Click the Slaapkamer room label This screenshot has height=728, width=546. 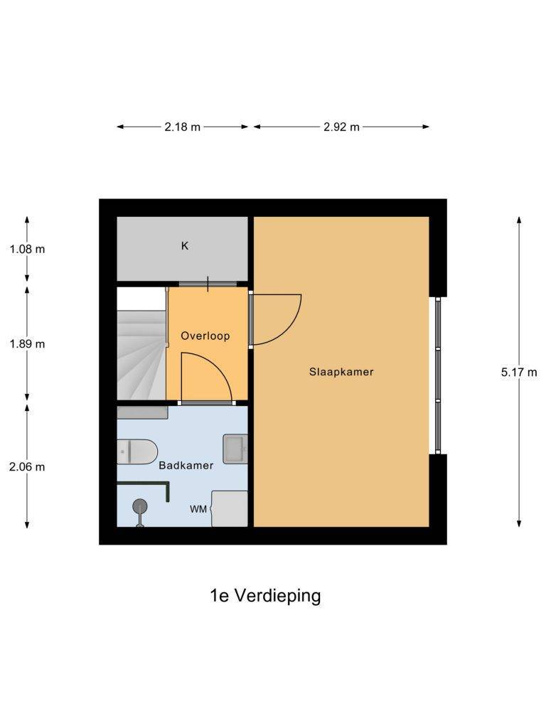click(341, 371)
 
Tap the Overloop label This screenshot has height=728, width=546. click(205, 336)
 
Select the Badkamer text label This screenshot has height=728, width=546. click(186, 465)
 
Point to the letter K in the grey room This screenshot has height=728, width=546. click(185, 245)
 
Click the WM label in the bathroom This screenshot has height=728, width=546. click(198, 509)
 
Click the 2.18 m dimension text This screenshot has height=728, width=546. click(183, 127)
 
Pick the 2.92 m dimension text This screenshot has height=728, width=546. click(342, 127)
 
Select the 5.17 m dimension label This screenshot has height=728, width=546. click(519, 372)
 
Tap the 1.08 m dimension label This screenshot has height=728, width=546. click(28, 249)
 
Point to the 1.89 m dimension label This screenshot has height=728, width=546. click(28, 343)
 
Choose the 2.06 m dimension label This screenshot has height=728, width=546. click(27, 466)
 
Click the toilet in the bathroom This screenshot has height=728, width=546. click(137, 451)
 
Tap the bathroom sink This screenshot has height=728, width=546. click(235, 449)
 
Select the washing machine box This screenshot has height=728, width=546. click(230, 508)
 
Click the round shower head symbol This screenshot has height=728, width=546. click(140, 506)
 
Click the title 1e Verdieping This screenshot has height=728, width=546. click(265, 595)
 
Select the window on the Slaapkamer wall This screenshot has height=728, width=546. click(437, 375)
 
